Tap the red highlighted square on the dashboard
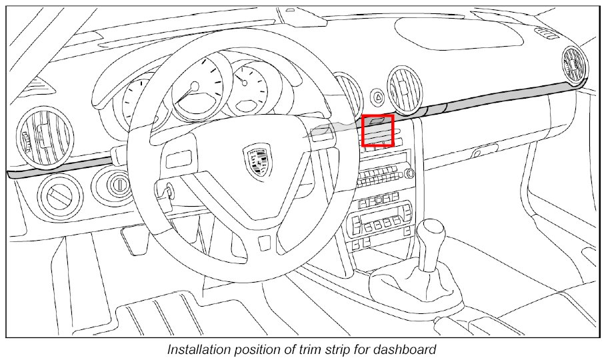point(378,130)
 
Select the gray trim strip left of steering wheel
point(60,169)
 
